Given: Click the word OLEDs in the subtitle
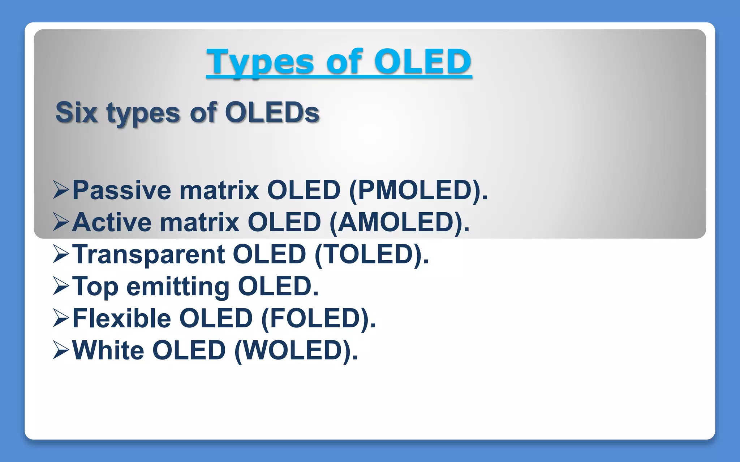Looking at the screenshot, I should pos(272,113).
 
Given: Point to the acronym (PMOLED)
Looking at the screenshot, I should pos(418,190).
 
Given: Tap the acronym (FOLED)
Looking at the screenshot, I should pos(318,318).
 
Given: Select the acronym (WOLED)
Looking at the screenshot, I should pos(296,350).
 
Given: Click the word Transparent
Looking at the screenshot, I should pos(149,254).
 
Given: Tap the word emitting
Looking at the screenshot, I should pos(178,287).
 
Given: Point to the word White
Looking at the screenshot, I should pos(108,350).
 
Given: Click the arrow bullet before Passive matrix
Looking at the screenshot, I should pos(60,190).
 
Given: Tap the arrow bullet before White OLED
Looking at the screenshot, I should pos(60,350).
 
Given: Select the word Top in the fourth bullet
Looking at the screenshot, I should pos(95,287).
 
